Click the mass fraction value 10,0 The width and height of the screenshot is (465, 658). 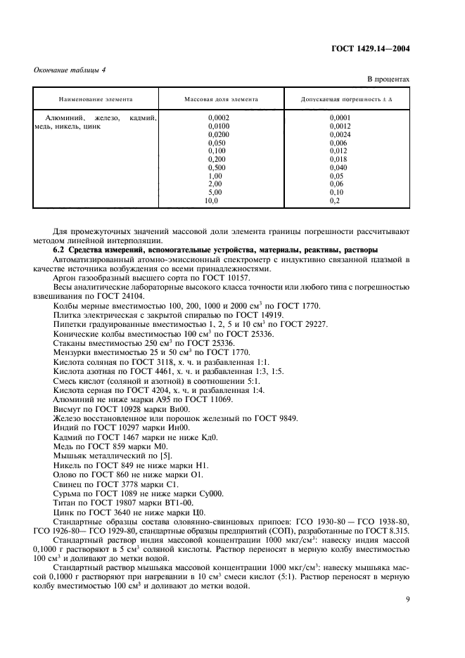coord(212,200)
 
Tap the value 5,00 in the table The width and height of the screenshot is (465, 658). coord(215,192)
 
